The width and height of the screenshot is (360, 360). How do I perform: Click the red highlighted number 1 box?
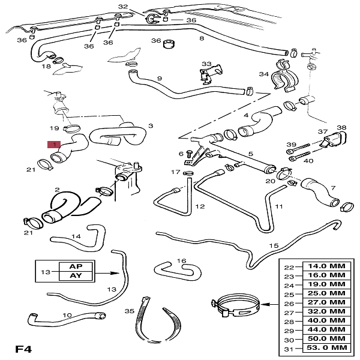pyautogui.click(x=54, y=145)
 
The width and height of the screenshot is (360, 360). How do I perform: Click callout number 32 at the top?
pyautogui.click(x=123, y=7)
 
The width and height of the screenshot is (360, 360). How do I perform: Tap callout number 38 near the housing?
pyautogui.click(x=341, y=128)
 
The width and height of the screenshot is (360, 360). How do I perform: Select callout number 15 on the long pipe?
pyautogui.click(x=274, y=246)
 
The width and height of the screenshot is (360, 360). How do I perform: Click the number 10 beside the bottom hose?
pyautogui.click(x=67, y=314)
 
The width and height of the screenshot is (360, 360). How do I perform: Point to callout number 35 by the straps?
pyautogui.click(x=127, y=311)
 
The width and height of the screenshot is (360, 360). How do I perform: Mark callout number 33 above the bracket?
pyautogui.click(x=206, y=64)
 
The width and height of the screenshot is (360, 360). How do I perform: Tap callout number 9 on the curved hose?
pyautogui.click(x=160, y=78)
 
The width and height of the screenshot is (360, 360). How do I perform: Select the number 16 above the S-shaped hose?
pyautogui.click(x=182, y=261)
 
